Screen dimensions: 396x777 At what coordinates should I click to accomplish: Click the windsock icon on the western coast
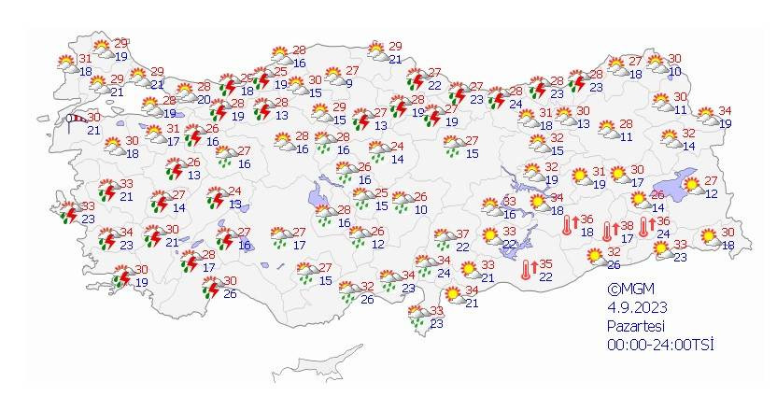click(x=73, y=119)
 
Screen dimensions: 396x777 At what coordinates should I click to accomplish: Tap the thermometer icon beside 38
click(x=607, y=231)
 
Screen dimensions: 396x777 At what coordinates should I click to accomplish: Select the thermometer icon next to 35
click(x=529, y=270)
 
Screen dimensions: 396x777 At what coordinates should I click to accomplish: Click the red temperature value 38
click(x=628, y=226)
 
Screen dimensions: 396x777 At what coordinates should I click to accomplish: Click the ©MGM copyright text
click(x=627, y=290)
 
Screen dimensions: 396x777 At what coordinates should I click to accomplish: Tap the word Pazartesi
click(x=636, y=326)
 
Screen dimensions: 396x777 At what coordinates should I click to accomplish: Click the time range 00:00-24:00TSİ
click(x=659, y=345)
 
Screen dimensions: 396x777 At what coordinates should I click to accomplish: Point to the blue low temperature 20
click(x=204, y=99)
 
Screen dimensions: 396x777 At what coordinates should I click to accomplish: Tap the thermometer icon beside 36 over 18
click(x=568, y=225)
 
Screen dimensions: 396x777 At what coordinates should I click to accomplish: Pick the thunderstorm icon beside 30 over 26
click(x=210, y=288)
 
